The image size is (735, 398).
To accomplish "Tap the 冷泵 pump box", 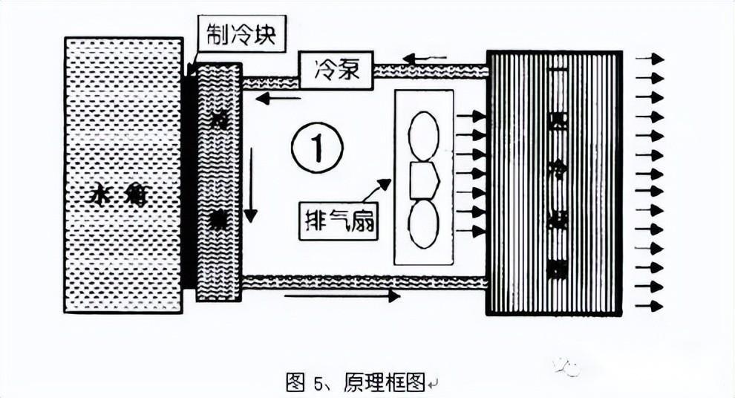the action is click(x=336, y=71).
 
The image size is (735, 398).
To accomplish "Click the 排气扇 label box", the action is click(x=339, y=221).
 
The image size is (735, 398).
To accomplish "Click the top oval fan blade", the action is click(x=424, y=135).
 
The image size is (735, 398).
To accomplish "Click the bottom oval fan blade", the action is click(x=424, y=224).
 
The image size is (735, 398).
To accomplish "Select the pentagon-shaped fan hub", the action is click(x=424, y=180).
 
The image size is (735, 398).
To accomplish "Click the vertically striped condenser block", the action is click(x=554, y=183).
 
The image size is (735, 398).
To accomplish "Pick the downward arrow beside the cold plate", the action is click(x=250, y=185).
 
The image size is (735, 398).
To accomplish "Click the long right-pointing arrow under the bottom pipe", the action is click(x=342, y=296).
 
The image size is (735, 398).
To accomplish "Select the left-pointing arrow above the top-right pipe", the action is click(x=425, y=58).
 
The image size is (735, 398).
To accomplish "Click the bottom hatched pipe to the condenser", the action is click(x=364, y=282).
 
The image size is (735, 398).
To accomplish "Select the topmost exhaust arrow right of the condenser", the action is click(x=649, y=58).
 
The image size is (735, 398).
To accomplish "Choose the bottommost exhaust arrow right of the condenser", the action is click(x=649, y=305).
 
